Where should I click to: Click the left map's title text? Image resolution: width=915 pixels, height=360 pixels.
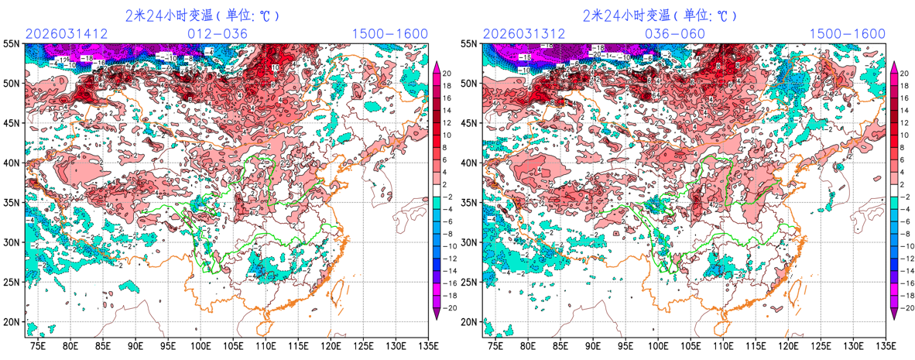202,15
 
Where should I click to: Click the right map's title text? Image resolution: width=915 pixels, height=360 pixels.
660,15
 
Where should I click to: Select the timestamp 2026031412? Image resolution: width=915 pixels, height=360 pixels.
67,33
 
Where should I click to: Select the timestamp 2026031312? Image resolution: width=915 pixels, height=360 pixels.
524,33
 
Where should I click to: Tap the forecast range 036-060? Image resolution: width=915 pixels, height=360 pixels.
675,33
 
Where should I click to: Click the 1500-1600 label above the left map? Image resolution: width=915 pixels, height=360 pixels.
389,33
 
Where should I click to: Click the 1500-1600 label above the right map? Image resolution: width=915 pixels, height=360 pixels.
847,33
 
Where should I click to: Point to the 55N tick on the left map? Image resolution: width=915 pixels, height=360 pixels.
12,44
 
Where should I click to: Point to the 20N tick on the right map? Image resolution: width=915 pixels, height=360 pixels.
470,322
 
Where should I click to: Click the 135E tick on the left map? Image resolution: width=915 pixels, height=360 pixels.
427,345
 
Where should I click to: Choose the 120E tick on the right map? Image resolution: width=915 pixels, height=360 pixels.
788,345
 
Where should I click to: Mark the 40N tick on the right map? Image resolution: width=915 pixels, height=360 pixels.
470,163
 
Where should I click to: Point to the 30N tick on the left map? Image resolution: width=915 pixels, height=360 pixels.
12,242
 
